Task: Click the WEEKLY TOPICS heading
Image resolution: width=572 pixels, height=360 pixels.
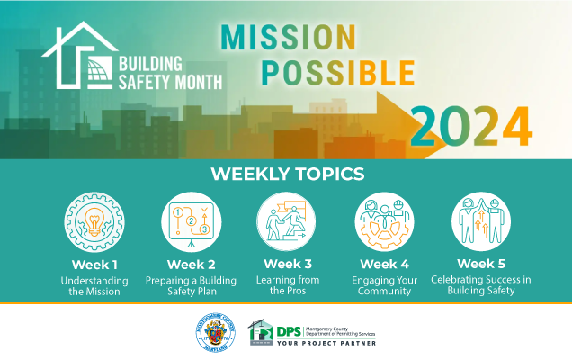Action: (287, 173)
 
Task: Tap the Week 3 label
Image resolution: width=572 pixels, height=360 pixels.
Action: (287, 265)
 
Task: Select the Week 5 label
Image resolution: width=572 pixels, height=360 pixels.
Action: (480, 265)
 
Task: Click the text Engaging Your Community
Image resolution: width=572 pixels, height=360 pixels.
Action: (384, 285)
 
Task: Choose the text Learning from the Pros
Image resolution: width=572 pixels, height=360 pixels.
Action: (287, 285)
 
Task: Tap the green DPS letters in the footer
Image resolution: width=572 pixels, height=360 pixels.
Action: (290, 329)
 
